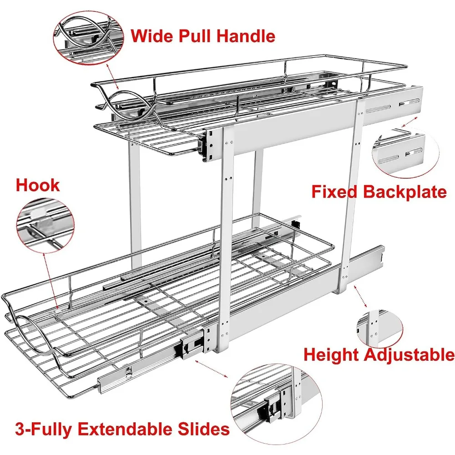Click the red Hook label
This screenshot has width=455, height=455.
tap(38, 185)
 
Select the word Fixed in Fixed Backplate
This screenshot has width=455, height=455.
tap(334, 192)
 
